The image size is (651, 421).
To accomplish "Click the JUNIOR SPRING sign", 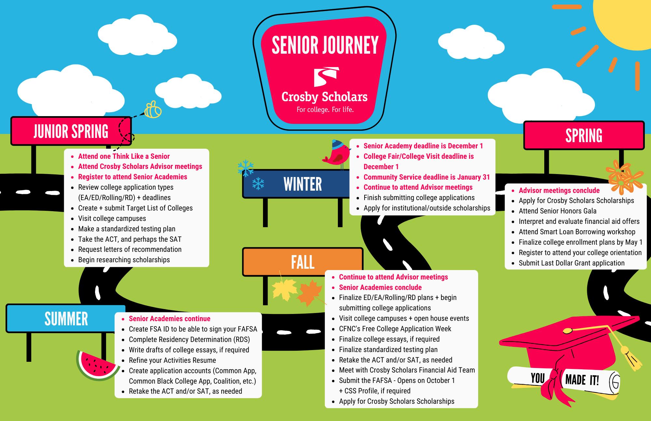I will point(71,131).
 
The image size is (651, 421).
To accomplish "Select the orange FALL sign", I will point(302,262).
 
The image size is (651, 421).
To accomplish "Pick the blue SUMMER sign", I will point(66,319).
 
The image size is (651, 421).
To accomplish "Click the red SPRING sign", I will point(584,135).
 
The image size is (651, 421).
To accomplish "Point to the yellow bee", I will point(152,110).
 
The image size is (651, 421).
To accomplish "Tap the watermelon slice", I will point(96,364).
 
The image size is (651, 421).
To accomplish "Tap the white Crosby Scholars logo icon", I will point(325,76).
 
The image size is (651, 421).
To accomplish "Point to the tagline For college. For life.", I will point(325,110).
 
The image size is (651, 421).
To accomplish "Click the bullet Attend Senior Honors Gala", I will point(557,211).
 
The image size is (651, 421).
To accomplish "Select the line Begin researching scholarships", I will point(124,260).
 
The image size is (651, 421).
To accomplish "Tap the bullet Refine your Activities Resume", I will point(172,360).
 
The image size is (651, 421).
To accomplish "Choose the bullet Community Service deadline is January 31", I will point(426,177).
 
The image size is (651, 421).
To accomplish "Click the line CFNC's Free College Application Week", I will point(395,329).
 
